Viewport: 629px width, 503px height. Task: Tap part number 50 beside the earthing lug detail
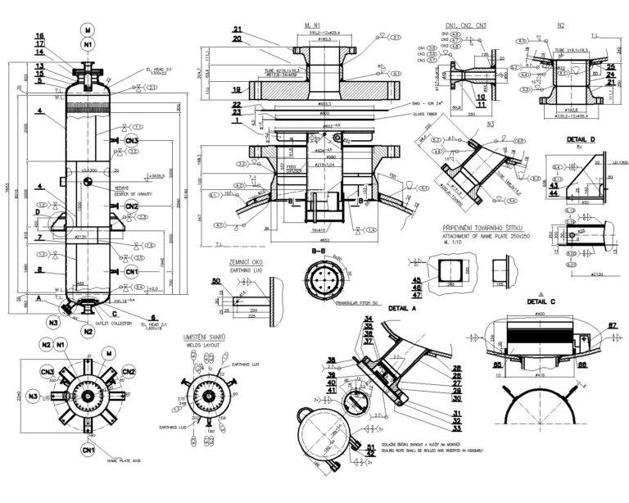coord(216,281)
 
